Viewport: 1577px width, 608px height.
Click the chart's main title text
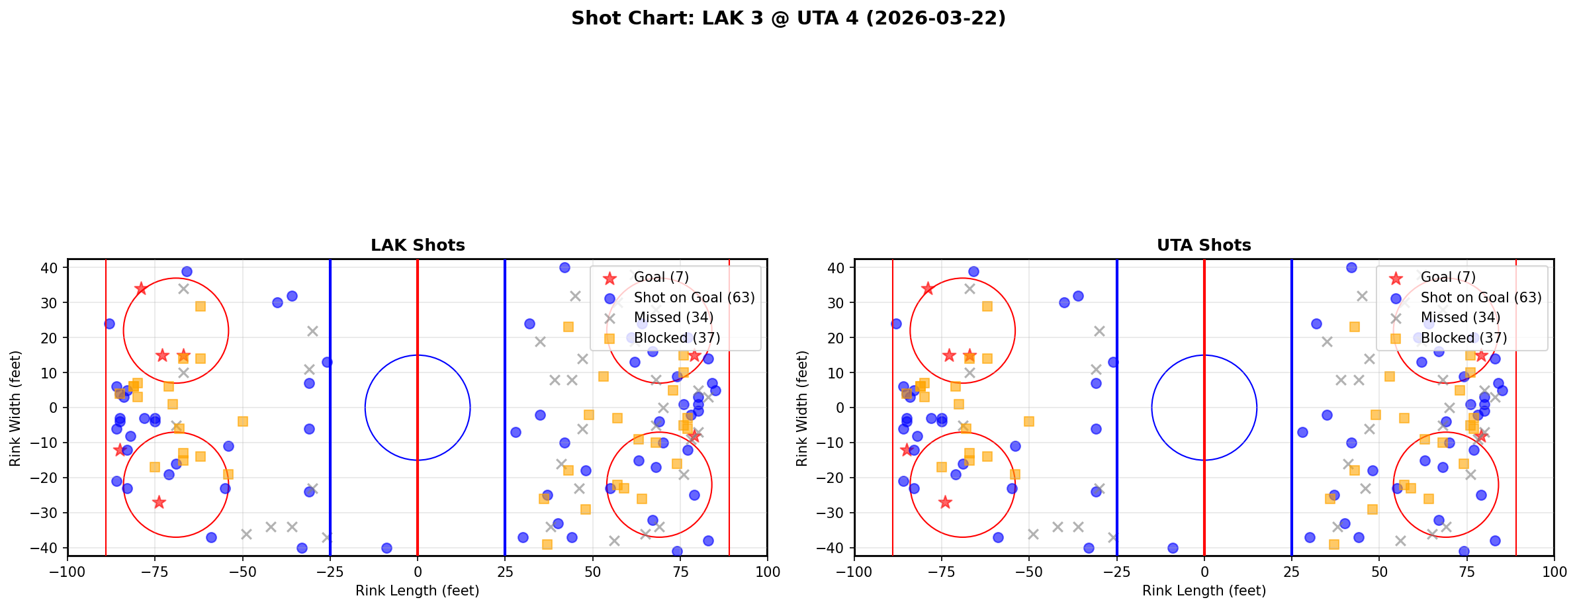(x=788, y=19)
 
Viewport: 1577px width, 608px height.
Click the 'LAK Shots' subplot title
(x=418, y=245)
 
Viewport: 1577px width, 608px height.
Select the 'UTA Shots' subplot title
(x=1204, y=245)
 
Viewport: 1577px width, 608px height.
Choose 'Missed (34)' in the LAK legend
(x=673, y=318)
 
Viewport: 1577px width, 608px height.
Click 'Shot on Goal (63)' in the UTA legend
(x=1480, y=298)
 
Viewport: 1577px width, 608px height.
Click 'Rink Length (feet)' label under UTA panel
(x=1204, y=591)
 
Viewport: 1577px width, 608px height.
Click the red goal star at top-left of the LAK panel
(x=141, y=288)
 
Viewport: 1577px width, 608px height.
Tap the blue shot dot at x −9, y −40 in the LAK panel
(x=386, y=548)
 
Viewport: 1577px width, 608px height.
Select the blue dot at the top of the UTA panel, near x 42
(x=1351, y=267)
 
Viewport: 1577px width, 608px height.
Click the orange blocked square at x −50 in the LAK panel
(x=243, y=421)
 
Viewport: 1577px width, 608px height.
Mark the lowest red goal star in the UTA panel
(x=945, y=502)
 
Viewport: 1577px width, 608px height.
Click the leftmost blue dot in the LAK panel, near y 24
(x=109, y=324)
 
